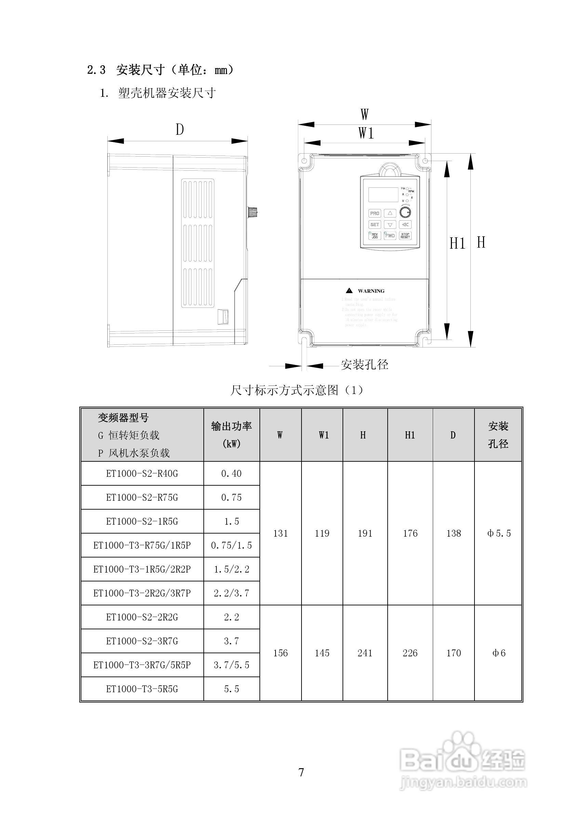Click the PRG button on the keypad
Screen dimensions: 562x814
tap(374, 213)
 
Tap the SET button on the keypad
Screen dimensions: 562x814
tap(374, 224)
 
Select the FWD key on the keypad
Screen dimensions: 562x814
tap(390, 235)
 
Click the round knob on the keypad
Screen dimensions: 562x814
tap(406, 212)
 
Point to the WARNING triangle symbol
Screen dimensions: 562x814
tap(349, 291)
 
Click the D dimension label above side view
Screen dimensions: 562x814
tap(179, 130)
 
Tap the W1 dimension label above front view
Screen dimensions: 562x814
tap(366, 133)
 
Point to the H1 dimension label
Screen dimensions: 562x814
tap(457, 244)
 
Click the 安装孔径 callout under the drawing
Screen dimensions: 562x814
tap(364, 365)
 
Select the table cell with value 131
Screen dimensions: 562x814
tap(280, 533)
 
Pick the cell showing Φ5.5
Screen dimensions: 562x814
tap(499, 533)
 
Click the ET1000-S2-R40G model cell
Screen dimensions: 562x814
tap(142, 473)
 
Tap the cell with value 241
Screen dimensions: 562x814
tap(365, 653)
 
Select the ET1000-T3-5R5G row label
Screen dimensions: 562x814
tap(142, 689)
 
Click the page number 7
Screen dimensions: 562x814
tap(301, 772)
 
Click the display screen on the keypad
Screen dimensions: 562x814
tap(383, 194)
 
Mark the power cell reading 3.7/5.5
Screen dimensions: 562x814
tap(231, 665)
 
